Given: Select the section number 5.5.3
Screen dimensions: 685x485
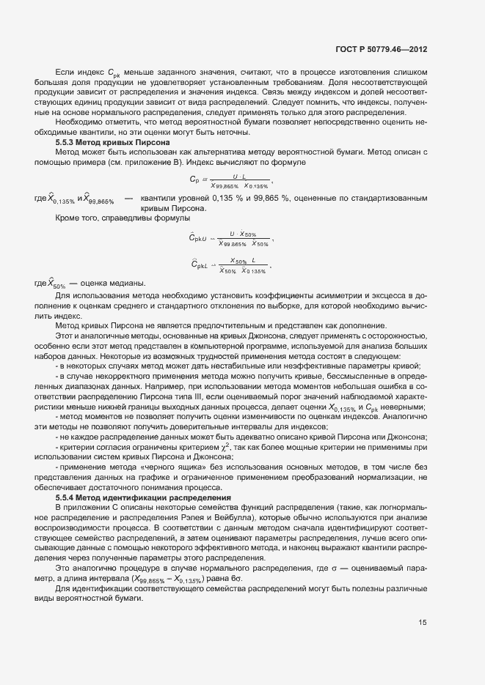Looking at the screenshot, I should (68, 141).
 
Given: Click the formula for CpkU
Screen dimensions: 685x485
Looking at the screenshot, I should (230, 239).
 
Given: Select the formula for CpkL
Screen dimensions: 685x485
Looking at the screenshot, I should (230, 265).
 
